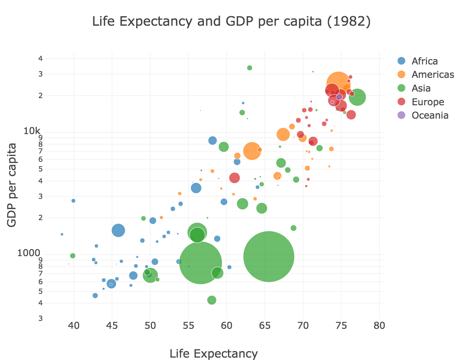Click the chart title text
(x=231, y=22)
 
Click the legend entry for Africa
(x=425, y=61)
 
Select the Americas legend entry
(x=433, y=74)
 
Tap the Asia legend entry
(x=421, y=88)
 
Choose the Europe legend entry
(x=428, y=102)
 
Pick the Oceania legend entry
(x=430, y=115)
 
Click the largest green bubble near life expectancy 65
(x=269, y=256)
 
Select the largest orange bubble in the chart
(x=339, y=84)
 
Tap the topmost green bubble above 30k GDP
(x=250, y=68)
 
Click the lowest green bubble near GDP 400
(x=212, y=300)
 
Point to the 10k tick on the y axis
(x=32, y=131)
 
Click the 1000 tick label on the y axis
(x=29, y=253)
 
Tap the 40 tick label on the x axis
(x=74, y=325)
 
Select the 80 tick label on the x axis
(x=379, y=325)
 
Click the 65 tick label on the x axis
(x=265, y=325)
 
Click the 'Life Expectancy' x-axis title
(x=214, y=353)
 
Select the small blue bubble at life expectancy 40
(x=73, y=201)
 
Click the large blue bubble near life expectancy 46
(x=118, y=230)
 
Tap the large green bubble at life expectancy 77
(x=357, y=97)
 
